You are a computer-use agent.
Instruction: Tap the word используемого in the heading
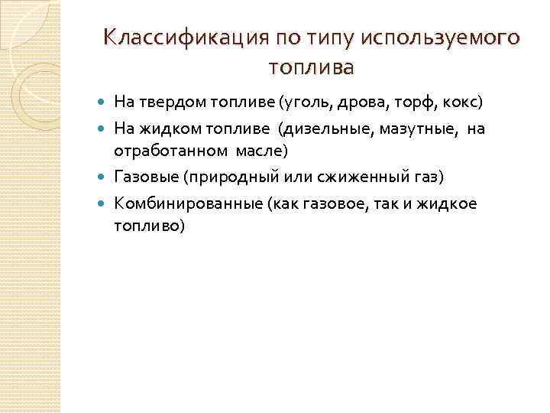coord(446,37)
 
